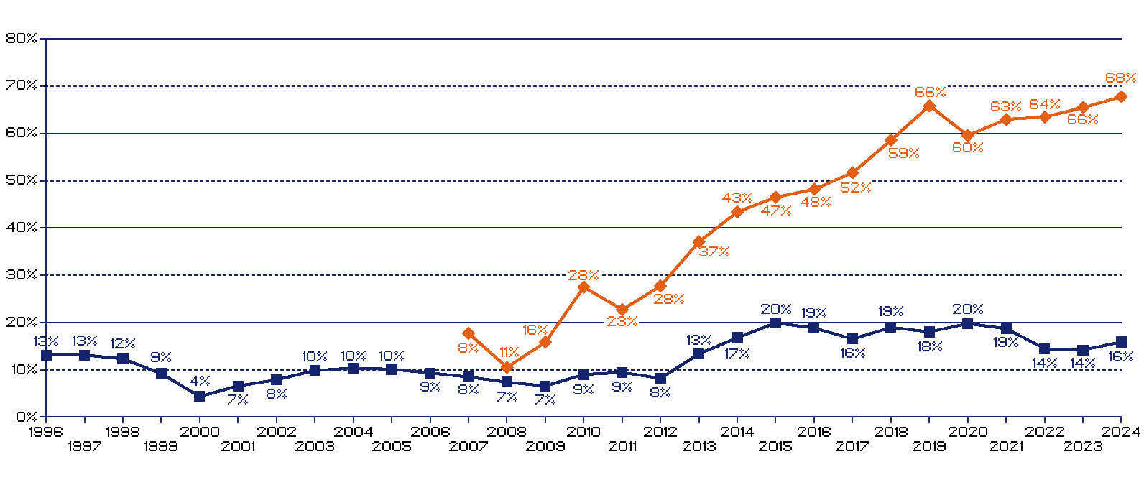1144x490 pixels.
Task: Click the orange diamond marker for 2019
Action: coord(929,106)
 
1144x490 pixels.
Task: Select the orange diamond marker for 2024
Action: coord(1121,96)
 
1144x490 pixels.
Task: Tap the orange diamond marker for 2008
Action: coord(507,368)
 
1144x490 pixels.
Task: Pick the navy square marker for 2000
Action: coord(200,396)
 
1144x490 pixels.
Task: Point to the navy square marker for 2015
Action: coord(775,323)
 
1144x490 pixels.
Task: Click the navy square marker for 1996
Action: coord(47,355)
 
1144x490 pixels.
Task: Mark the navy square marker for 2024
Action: coord(1121,342)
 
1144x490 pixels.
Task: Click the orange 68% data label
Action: coord(1120,78)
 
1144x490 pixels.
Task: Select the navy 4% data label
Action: coord(200,381)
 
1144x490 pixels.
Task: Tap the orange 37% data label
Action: coord(714,251)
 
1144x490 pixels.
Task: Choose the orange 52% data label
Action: coord(856,188)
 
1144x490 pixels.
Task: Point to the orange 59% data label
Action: coord(903,153)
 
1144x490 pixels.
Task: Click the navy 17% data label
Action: coord(737,353)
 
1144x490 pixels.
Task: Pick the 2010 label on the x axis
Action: coord(583,432)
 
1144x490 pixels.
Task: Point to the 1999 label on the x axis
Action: coord(161,446)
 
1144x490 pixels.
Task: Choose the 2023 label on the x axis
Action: coord(1082,446)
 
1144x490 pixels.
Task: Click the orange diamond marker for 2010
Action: coord(583,287)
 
